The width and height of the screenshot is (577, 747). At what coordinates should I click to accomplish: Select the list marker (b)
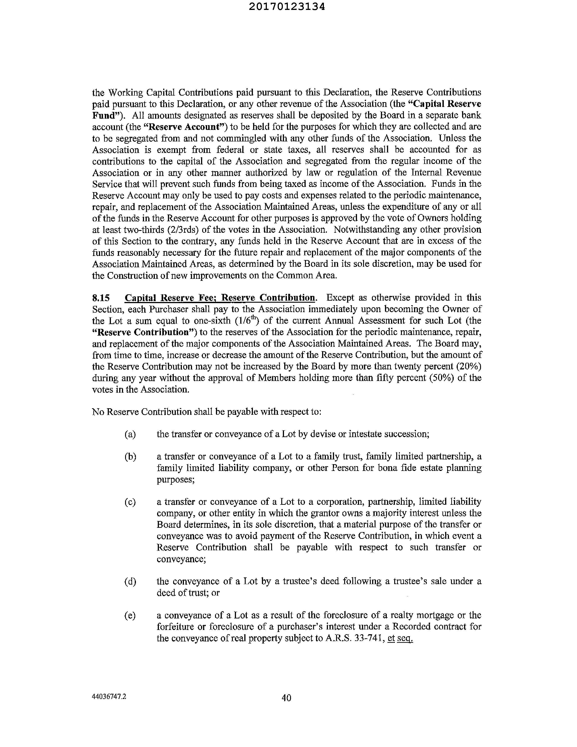[130, 457]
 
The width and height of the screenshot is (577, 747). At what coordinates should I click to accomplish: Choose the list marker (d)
[130, 581]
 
